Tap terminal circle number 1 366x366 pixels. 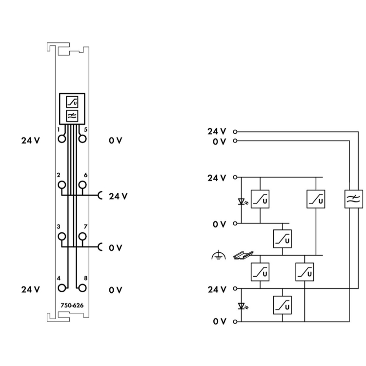click(62, 138)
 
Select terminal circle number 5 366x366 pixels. click(82, 138)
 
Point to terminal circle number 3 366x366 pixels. click(62, 237)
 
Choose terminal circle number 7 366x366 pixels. click(82, 237)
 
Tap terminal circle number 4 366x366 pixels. click(62, 288)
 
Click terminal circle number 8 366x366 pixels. click(82, 288)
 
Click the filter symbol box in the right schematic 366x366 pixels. click(353, 199)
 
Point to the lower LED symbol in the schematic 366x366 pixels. click(242, 306)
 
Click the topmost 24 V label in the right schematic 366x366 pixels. click(217, 131)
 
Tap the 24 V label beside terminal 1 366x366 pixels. click(30, 141)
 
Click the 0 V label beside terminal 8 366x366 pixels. click(116, 290)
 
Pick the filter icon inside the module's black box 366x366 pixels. click(72, 115)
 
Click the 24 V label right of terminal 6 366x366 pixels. click(118, 196)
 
